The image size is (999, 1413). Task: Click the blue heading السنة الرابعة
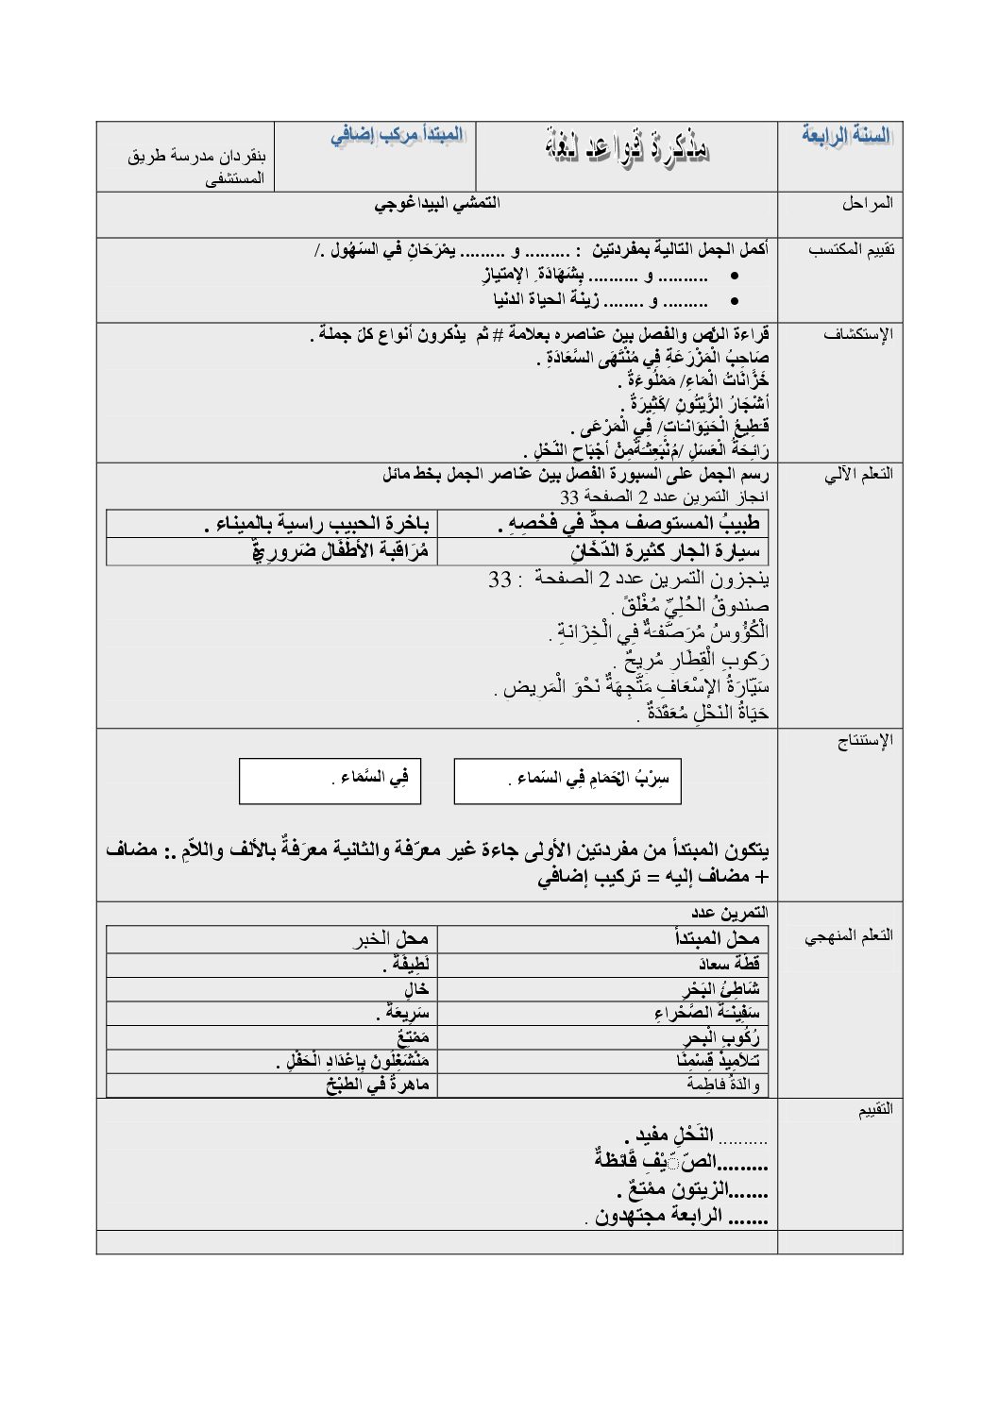pyautogui.click(x=845, y=136)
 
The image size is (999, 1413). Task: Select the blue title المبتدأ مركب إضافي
pyautogui.click(x=397, y=135)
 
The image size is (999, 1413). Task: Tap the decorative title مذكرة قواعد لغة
pyautogui.click(x=627, y=148)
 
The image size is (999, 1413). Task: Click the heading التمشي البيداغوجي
pyautogui.click(x=437, y=203)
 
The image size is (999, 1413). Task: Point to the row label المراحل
pyautogui.click(x=868, y=204)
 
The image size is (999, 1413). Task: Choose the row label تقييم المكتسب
pyautogui.click(x=851, y=249)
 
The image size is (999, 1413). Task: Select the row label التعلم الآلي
pyautogui.click(x=858, y=475)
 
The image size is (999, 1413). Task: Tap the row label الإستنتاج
pyautogui.click(x=864, y=741)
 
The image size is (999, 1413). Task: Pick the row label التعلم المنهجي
pyautogui.click(x=849, y=935)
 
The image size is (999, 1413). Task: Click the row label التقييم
pyautogui.click(x=874, y=1110)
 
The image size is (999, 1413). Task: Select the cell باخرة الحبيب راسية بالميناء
pyautogui.click(x=317, y=524)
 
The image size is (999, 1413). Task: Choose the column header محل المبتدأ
pyautogui.click(x=717, y=938)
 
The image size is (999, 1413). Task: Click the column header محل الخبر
pyautogui.click(x=391, y=938)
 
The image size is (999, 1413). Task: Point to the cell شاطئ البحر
pyautogui.click(x=721, y=989)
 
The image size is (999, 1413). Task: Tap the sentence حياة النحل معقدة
pyautogui.click(x=703, y=712)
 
